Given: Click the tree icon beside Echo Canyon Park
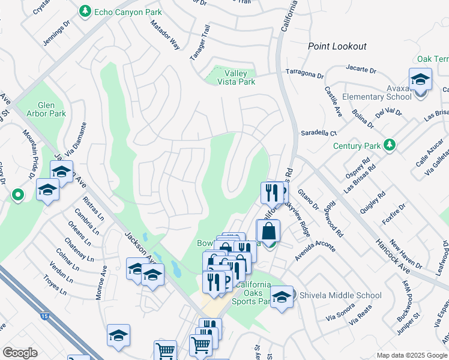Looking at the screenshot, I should [85, 11].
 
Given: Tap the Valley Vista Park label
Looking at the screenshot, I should [235, 77].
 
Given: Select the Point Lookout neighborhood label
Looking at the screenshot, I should [337, 46].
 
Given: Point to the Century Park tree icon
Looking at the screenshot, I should [390, 145].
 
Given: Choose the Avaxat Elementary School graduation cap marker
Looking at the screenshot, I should [420, 80].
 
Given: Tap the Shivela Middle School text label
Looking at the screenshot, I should [340, 295].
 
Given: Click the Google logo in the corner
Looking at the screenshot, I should [20, 352].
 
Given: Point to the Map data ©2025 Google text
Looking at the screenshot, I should [411, 355].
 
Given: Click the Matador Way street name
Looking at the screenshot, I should [165, 35].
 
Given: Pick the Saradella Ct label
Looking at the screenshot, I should [319, 133].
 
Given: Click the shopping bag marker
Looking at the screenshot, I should [268, 233].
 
